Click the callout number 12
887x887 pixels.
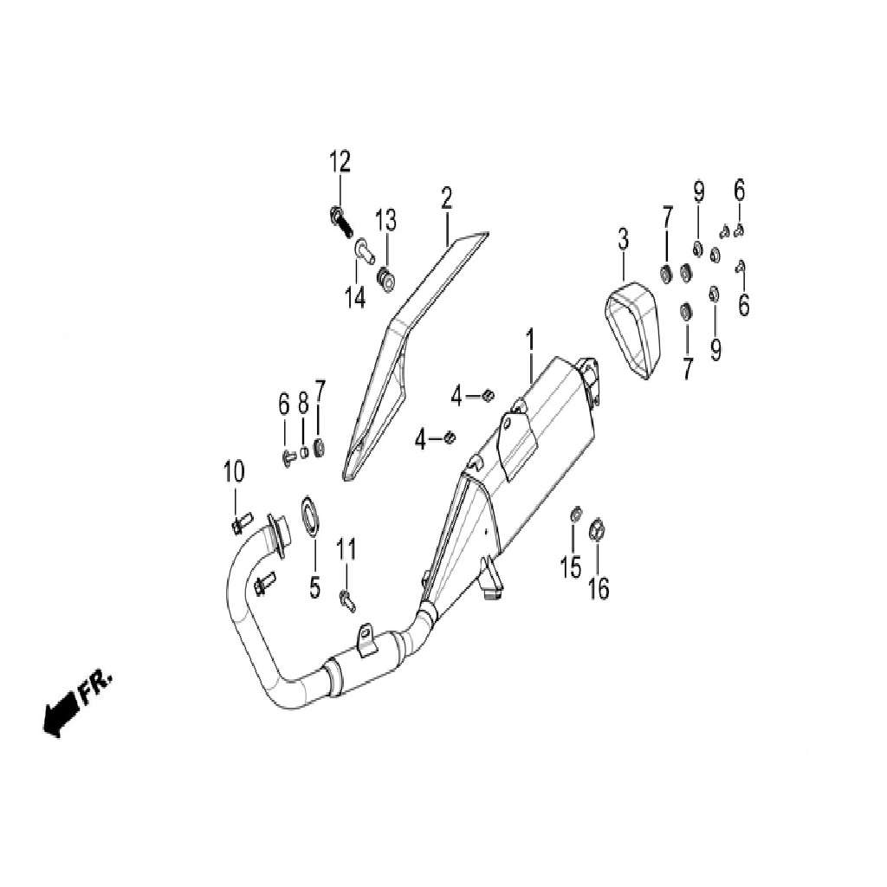click(x=340, y=162)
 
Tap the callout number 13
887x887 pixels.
click(x=387, y=220)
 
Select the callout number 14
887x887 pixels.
click(x=356, y=296)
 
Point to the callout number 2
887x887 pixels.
click(x=447, y=198)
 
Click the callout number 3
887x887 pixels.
click(x=623, y=239)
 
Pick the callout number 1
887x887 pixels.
click(x=530, y=340)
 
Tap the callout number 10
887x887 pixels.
click(x=234, y=471)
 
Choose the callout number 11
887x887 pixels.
click(x=346, y=548)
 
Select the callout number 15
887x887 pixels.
click(x=571, y=567)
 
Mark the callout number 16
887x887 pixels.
click(x=599, y=588)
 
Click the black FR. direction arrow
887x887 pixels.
click(x=61, y=713)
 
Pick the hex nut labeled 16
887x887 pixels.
click(x=598, y=529)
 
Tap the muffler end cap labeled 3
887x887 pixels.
click(x=633, y=330)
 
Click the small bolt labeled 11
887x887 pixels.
click(x=346, y=601)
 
